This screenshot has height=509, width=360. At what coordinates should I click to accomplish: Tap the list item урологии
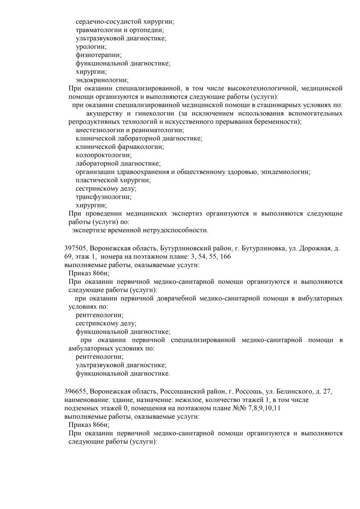[91, 46]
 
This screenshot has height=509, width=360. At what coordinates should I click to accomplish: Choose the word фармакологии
[138, 147]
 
